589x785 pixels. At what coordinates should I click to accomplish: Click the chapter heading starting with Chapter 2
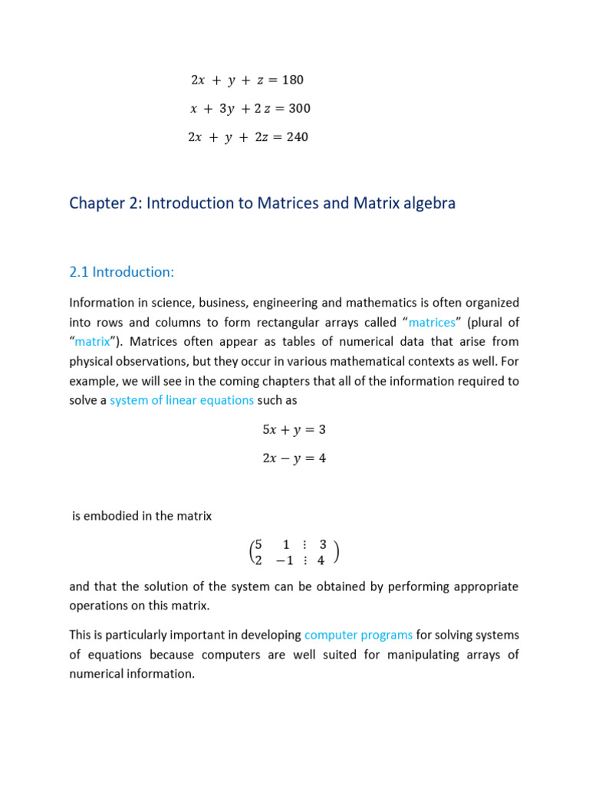pos(262,203)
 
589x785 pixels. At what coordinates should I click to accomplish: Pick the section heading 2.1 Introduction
pos(120,272)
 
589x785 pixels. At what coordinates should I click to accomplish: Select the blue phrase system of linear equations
pos(182,401)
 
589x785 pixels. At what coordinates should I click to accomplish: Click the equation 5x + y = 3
pos(294,430)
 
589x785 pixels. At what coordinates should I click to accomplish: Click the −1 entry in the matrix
pos(281,560)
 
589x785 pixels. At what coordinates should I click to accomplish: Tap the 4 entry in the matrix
pos(321,560)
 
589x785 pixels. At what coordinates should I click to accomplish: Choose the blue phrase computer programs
pos(358,635)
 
